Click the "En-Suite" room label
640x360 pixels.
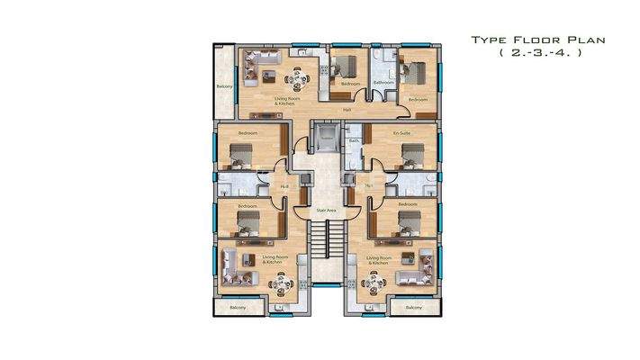(x=401, y=132)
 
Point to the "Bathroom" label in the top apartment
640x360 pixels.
(x=384, y=83)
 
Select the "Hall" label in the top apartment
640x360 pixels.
(x=347, y=110)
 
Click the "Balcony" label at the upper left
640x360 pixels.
(x=225, y=86)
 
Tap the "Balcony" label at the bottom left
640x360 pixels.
(x=237, y=307)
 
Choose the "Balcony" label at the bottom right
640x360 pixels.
(x=413, y=307)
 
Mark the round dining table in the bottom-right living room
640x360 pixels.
(x=369, y=284)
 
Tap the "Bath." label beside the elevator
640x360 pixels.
(x=355, y=142)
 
